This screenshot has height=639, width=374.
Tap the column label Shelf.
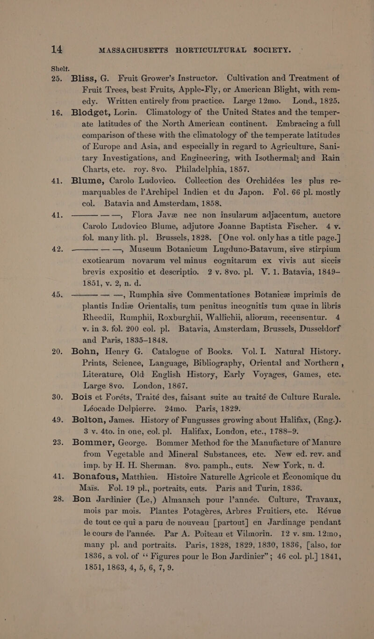(15, 24)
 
